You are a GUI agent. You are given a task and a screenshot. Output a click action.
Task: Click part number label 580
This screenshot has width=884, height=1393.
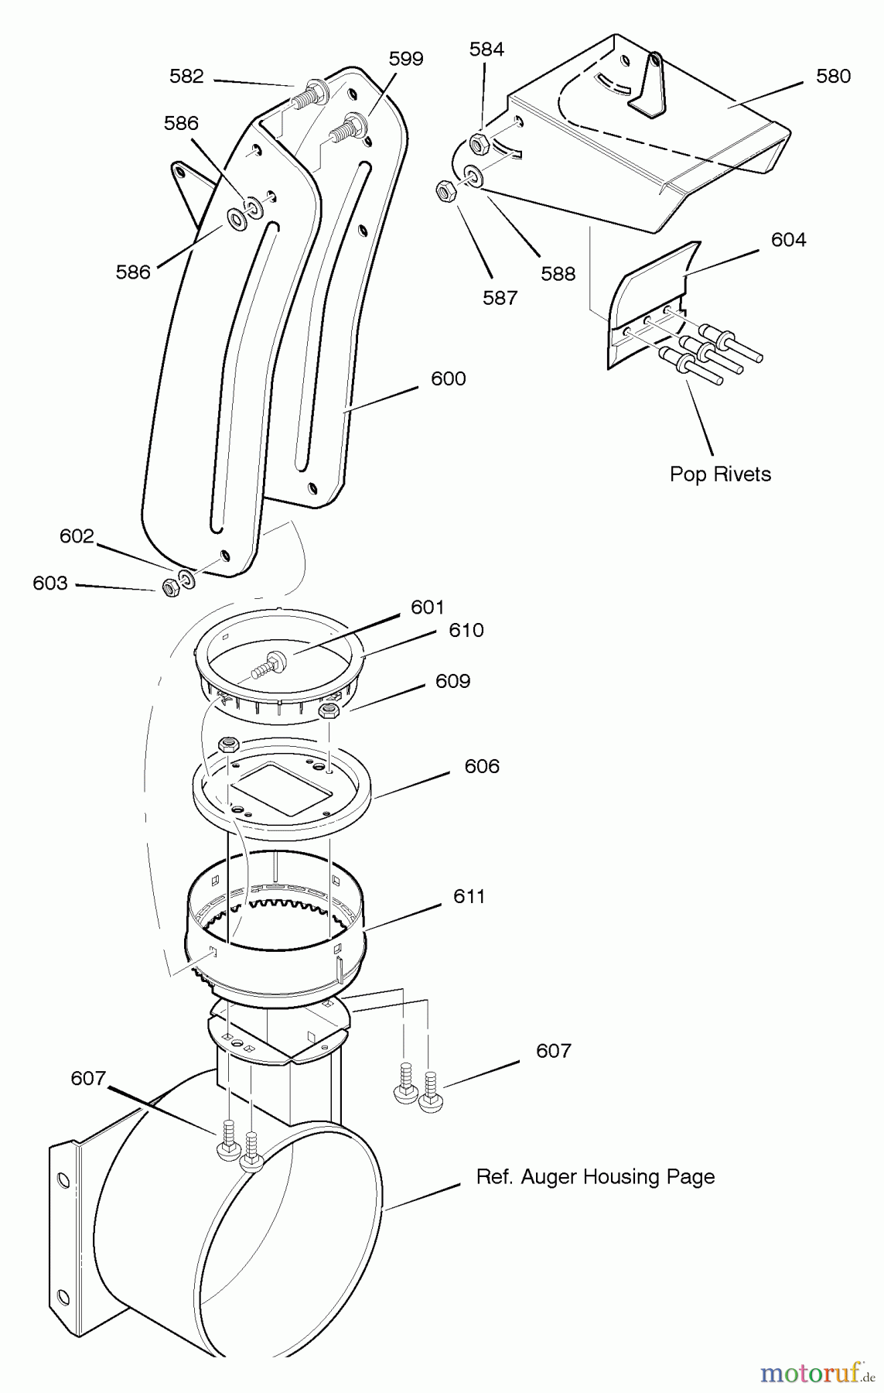833,76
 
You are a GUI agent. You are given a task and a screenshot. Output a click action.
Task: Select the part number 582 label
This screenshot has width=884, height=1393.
186,76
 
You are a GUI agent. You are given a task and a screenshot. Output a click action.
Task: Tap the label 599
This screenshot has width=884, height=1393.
406,59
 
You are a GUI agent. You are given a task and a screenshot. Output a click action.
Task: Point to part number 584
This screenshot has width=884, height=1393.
486,50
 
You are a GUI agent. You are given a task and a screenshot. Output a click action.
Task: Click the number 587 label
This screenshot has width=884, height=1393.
500,297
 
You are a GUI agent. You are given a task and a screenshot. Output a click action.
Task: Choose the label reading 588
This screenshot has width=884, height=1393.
558,273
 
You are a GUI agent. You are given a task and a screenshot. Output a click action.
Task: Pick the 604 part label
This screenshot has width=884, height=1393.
788,240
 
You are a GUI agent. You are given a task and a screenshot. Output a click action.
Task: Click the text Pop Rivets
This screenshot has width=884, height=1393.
720,474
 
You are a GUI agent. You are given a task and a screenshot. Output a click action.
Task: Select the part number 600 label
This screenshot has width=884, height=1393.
449,378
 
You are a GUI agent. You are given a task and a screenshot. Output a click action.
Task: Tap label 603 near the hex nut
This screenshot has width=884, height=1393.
50,583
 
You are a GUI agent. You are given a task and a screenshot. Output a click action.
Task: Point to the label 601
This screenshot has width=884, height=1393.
428,608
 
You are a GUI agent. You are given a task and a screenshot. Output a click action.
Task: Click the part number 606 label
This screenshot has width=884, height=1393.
482,766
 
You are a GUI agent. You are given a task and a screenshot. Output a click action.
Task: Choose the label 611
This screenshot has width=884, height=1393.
469,896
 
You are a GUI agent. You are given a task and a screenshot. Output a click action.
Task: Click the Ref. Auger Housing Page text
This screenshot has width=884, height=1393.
595,1177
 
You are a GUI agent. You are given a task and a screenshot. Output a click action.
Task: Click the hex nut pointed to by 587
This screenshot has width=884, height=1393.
445,190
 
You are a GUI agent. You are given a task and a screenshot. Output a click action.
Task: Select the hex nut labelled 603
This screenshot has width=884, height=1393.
171,587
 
